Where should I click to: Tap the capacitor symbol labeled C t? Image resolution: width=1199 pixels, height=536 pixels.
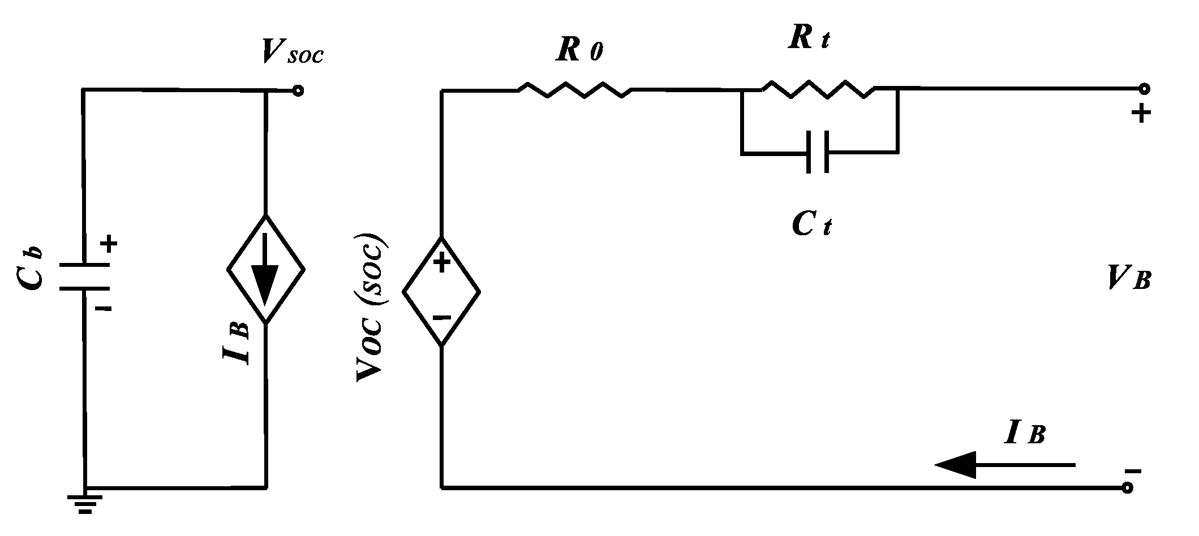pyautogui.click(x=818, y=152)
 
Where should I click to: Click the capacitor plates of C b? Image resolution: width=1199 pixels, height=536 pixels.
pyautogui.click(x=84, y=276)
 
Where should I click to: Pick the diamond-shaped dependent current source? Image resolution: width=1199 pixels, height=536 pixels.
pyautogui.click(x=266, y=269)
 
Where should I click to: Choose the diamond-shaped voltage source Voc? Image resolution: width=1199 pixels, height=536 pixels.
pyautogui.click(x=441, y=292)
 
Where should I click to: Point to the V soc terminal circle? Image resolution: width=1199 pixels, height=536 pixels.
pyautogui.click(x=298, y=90)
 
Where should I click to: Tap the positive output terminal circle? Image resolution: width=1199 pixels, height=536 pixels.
pyautogui.click(x=1144, y=89)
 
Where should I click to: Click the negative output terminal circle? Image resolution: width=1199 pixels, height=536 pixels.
pyautogui.click(x=1128, y=487)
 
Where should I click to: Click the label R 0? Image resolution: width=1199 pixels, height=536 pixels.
pyautogui.click(x=579, y=51)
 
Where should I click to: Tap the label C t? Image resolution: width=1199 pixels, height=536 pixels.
pyautogui.click(x=812, y=225)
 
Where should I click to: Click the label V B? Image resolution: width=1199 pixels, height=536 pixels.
pyautogui.click(x=1129, y=278)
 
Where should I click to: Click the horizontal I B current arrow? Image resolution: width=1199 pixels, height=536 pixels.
pyautogui.click(x=1004, y=465)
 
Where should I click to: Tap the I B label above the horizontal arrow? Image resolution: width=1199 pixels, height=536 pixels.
pyautogui.click(x=1024, y=433)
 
